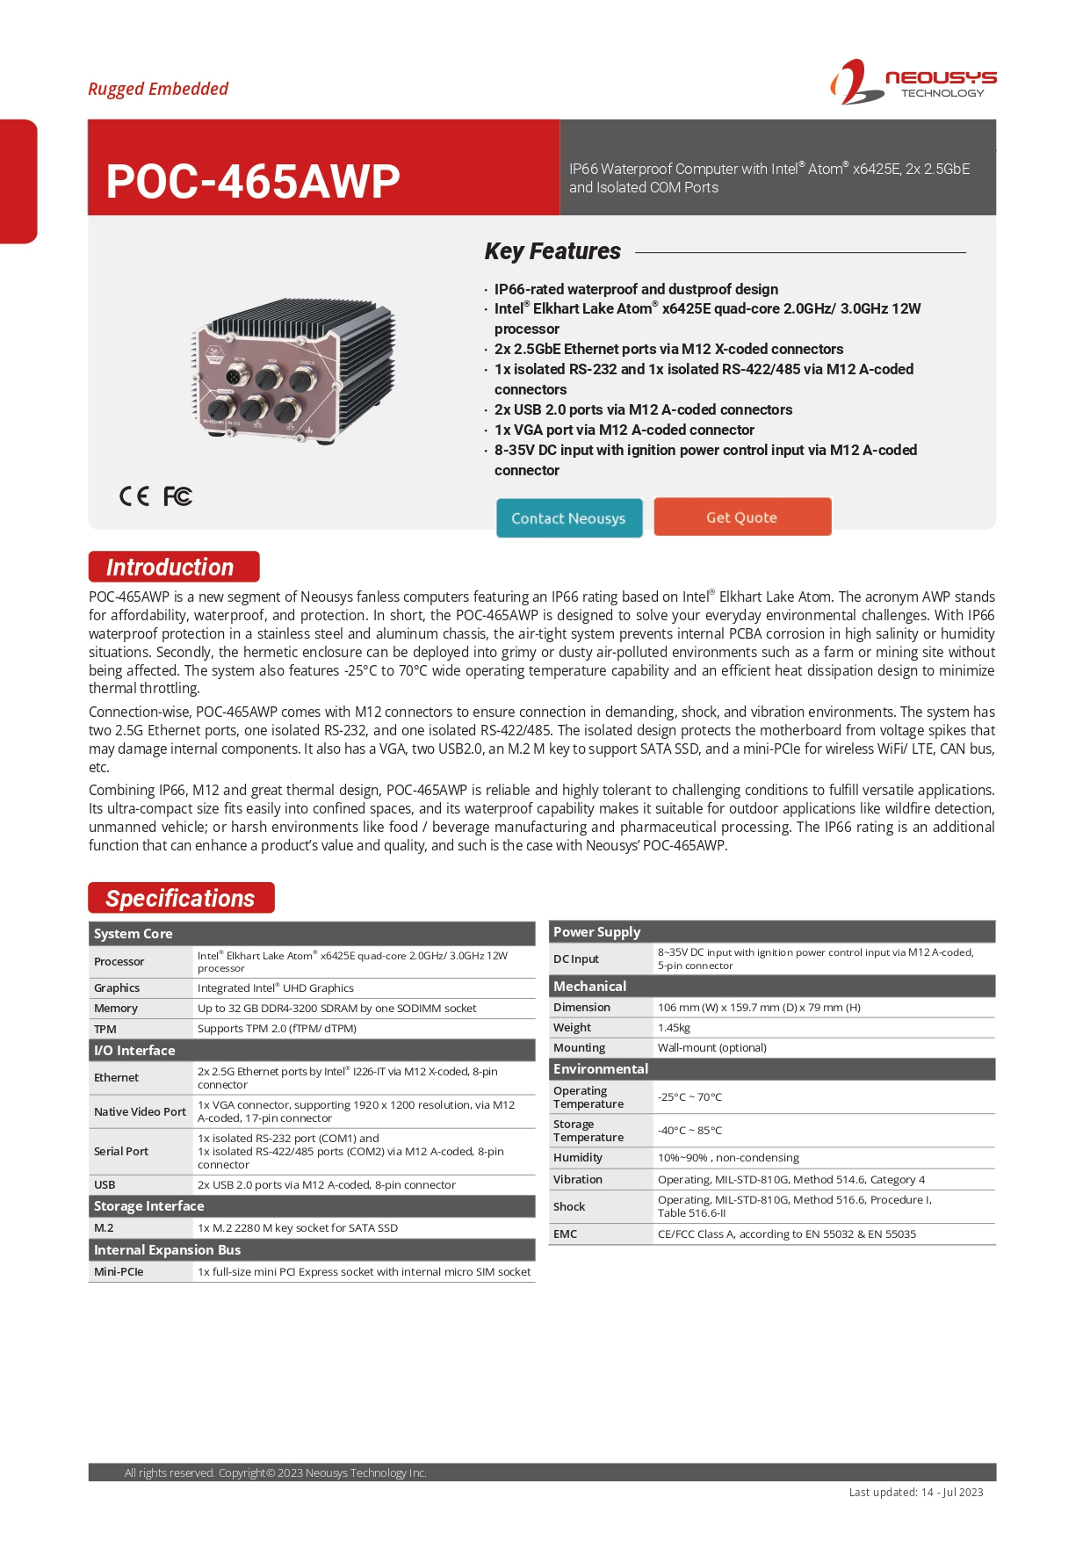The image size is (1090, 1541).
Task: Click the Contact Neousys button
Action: [568, 517]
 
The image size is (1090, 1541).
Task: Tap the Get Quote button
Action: [741, 517]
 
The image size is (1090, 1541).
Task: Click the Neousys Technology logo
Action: [913, 83]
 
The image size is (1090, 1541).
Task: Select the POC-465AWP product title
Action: [253, 181]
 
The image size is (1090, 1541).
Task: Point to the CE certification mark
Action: [134, 496]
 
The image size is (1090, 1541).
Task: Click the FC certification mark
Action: [177, 496]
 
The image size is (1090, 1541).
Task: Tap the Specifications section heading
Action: [181, 898]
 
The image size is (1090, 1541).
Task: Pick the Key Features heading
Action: [552, 251]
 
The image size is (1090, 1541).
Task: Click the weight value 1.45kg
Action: [674, 1027]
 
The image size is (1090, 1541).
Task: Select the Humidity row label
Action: [578, 1157]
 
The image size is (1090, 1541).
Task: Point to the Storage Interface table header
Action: [149, 1206]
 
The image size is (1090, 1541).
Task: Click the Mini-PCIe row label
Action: [119, 1271]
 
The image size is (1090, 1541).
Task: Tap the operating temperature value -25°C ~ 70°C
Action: [689, 1096]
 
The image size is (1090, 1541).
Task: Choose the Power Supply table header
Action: [597, 931]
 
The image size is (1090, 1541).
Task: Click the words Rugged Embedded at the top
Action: [158, 89]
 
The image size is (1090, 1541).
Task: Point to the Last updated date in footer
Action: [915, 1492]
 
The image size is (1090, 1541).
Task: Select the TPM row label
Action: [105, 1029]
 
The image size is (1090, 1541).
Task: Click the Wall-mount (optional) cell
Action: [711, 1047]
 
